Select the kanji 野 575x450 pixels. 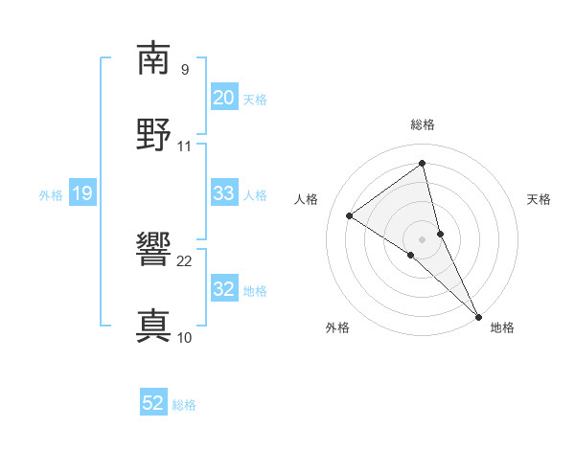point(153,134)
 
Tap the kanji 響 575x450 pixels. point(153,251)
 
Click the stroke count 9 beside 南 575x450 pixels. point(185,70)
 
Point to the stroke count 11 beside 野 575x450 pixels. point(185,146)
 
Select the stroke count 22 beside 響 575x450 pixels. point(185,261)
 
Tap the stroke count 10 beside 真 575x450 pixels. point(185,338)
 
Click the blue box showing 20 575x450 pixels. point(224,98)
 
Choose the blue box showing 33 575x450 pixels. point(224,193)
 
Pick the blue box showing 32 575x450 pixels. point(224,289)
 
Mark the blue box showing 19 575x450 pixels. point(82,194)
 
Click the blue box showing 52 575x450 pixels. point(153,404)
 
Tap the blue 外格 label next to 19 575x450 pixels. point(51,195)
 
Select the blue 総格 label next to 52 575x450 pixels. point(184,405)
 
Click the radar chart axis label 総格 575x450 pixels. point(423,124)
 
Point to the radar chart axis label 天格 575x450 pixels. point(540,199)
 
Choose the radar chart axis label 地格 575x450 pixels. point(502,327)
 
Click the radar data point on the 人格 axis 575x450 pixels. point(350,215)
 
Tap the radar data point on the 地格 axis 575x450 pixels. point(478,315)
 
